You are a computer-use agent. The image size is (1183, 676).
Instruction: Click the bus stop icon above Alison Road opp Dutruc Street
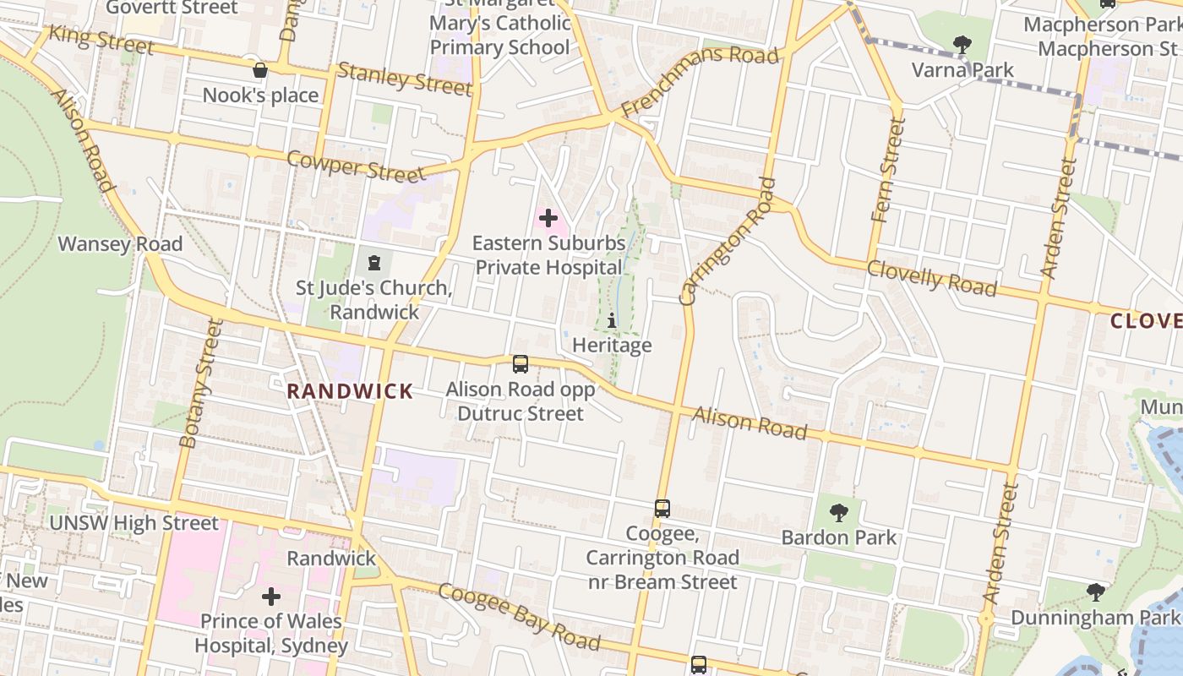pos(521,364)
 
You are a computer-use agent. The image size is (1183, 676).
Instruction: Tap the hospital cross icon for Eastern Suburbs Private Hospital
pos(548,219)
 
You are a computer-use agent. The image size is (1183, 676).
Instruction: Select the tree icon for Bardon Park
pos(839,512)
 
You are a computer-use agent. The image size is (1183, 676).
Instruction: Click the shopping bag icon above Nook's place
pos(260,70)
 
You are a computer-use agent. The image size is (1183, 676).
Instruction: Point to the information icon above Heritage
pos(612,321)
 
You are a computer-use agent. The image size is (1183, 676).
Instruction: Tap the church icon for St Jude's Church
pos(374,263)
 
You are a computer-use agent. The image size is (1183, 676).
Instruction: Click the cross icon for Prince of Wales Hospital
pos(271,597)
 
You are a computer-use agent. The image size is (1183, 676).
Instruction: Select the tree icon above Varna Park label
pos(962,44)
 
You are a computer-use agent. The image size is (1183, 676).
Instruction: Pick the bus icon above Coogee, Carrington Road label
pos(662,509)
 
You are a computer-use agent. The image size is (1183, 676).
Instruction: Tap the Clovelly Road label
pos(932,278)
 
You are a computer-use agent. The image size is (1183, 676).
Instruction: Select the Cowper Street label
pos(356,166)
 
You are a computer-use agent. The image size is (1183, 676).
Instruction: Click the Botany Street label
pos(200,383)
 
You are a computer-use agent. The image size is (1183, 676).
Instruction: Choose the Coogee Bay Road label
pos(520,616)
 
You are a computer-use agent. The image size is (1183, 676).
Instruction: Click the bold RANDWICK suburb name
pos(350,391)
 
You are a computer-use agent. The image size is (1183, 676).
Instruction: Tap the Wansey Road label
pos(120,244)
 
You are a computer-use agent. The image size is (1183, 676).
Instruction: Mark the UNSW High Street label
pos(134,523)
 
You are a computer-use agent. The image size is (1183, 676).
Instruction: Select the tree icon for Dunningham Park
pos(1096,591)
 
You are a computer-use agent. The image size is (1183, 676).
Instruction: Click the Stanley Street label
pos(404,79)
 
